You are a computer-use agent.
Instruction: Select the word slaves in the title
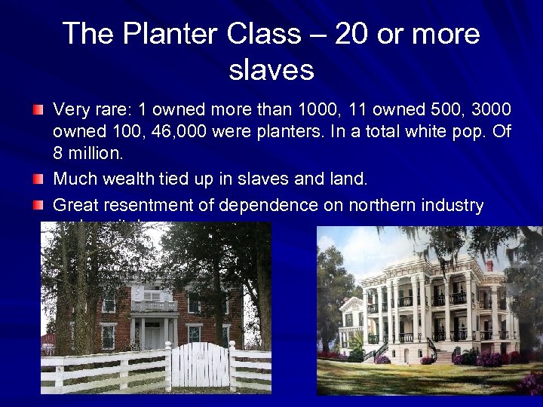click(271, 70)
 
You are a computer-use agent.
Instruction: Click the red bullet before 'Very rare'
click(38, 111)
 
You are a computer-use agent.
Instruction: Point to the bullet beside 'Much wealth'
click(38, 180)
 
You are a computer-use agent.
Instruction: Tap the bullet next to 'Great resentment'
click(38, 205)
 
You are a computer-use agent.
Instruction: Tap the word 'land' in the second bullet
click(350, 179)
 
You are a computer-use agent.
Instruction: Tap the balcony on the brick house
click(155, 305)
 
